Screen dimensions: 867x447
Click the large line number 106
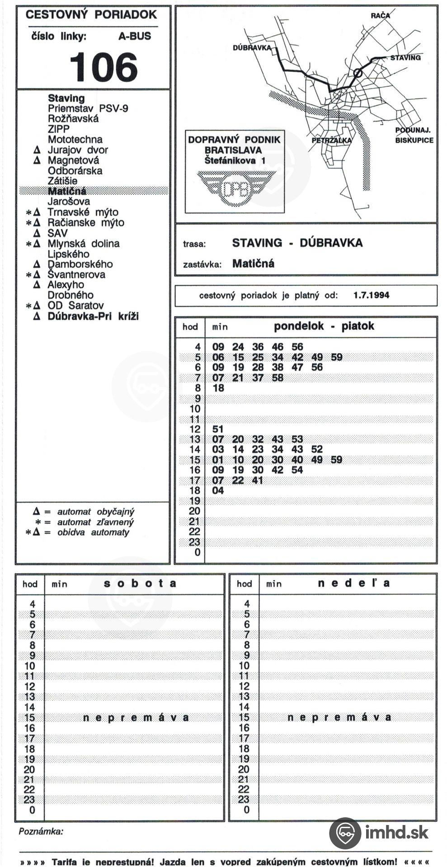[x=104, y=67]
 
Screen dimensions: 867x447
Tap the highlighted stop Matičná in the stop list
[x=67, y=191]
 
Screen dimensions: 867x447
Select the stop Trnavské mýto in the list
[x=83, y=212]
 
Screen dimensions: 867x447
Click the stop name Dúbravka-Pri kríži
[x=93, y=316]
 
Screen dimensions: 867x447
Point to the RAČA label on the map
[x=380, y=15]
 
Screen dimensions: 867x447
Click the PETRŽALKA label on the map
[x=331, y=140]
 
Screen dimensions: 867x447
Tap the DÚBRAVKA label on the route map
[x=252, y=47]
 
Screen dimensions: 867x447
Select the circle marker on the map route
[x=358, y=72]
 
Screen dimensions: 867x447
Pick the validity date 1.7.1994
[x=371, y=295]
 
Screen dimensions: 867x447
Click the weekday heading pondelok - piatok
[x=324, y=326]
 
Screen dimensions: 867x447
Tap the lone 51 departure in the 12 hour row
[x=218, y=429]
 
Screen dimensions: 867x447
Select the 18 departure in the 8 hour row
[x=218, y=388]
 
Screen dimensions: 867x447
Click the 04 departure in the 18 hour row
[x=218, y=490]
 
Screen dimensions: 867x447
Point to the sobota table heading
[x=140, y=583]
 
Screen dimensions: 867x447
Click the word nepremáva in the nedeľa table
[x=339, y=718]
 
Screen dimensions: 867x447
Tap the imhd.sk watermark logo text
[x=396, y=832]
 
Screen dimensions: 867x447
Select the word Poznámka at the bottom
[x=41, y=831]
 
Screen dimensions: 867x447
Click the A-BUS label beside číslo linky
[x=135, y=36]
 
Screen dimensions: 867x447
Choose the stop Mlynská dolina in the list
[x=84, y=244]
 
